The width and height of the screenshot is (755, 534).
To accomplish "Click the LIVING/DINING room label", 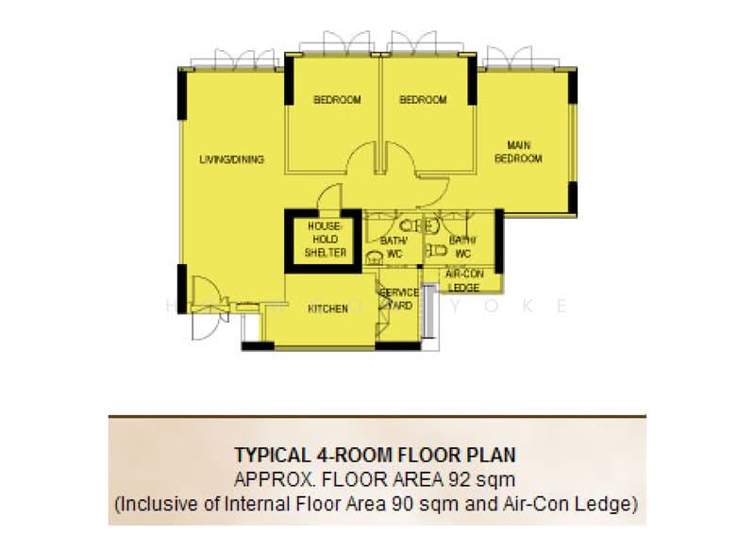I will tap(231, 159).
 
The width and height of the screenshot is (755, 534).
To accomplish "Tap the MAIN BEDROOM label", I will tap(518, 152).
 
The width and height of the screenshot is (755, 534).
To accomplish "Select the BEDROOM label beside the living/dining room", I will tap(337, 100).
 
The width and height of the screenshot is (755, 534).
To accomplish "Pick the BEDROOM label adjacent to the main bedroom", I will tap(422, 100).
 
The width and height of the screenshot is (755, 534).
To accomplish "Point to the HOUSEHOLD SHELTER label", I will tap(324, 240).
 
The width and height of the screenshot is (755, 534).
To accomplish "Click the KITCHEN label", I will tap(327, 309).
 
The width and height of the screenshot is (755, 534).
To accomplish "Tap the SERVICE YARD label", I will tap(398, 299).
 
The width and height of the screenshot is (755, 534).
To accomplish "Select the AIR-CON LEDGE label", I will tap(463, 280).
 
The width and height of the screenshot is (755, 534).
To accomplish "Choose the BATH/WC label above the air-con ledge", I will tap(462, 247).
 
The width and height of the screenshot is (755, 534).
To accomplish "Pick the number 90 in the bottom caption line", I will tap(437, 504).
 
